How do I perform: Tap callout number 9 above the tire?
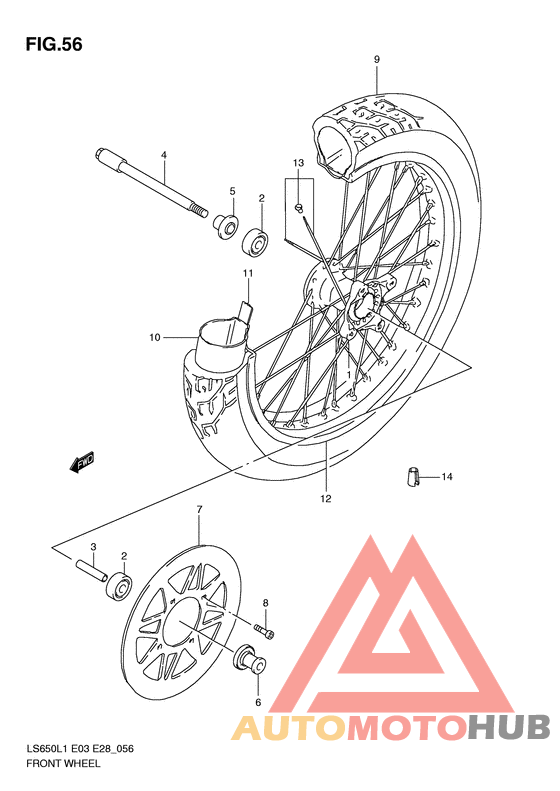377,60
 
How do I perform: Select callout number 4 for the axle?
164,154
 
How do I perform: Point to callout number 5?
232,191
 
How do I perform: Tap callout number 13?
297,163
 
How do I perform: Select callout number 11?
247,273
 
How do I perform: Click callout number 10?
155,338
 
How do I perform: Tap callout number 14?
447,477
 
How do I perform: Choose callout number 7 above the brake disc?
199,510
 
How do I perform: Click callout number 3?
93,547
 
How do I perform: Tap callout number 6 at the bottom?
257,703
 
